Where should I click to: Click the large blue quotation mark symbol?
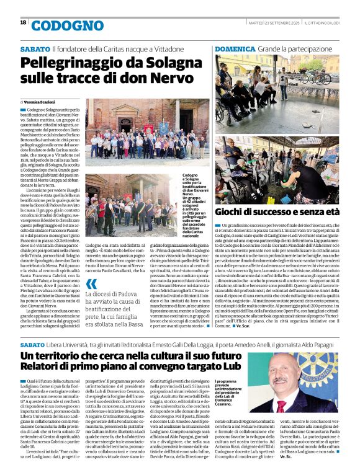tap(92, 287)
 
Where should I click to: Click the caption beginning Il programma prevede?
tap(232, 392)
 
